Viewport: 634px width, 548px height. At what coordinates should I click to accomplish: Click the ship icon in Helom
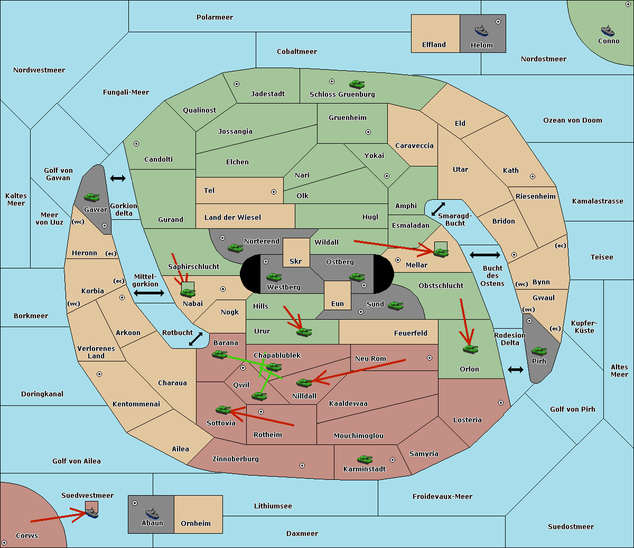click(x=481, y=31)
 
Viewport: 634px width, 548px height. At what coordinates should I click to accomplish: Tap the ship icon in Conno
click(x=608, y=31)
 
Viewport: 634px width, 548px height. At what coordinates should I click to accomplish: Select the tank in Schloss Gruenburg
click(x=357, y=84)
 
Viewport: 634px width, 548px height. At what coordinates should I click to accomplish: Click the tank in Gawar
click(x=92, y=197)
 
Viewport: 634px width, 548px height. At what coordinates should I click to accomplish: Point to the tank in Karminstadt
click(x=365, y=459)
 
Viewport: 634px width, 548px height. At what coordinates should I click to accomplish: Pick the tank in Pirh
click(x=539, y=351)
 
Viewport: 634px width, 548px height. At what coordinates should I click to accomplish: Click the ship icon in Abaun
click(x=153, y=513)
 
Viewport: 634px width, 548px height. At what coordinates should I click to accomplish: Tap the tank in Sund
click(x=395, y=305)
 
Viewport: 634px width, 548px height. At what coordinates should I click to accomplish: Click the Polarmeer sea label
click(x=215, y=17)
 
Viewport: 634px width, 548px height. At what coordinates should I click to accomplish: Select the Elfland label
click(x=434, y=45)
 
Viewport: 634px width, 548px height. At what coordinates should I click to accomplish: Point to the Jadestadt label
click(x=268, y=94)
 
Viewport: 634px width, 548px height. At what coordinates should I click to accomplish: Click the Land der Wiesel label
click(x=232, y=218)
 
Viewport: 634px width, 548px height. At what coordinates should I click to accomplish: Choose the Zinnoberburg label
click(x=236, y=459)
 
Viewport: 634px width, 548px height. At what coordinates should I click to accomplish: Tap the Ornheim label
click(x=195, y=524)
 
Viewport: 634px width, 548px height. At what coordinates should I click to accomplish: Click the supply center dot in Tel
click(x=274, y=192)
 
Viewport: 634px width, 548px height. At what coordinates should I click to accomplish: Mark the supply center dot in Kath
click(x=533, y=177)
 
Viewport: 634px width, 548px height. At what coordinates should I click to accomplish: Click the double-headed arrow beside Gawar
click(x=118, y=178)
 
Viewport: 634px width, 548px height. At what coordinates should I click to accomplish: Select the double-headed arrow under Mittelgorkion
click(x=149, y=293)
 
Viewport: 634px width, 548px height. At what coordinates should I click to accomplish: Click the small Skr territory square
click(x=296, y=253)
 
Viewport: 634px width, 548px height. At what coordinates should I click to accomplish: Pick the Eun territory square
click(x=338, y=295)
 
